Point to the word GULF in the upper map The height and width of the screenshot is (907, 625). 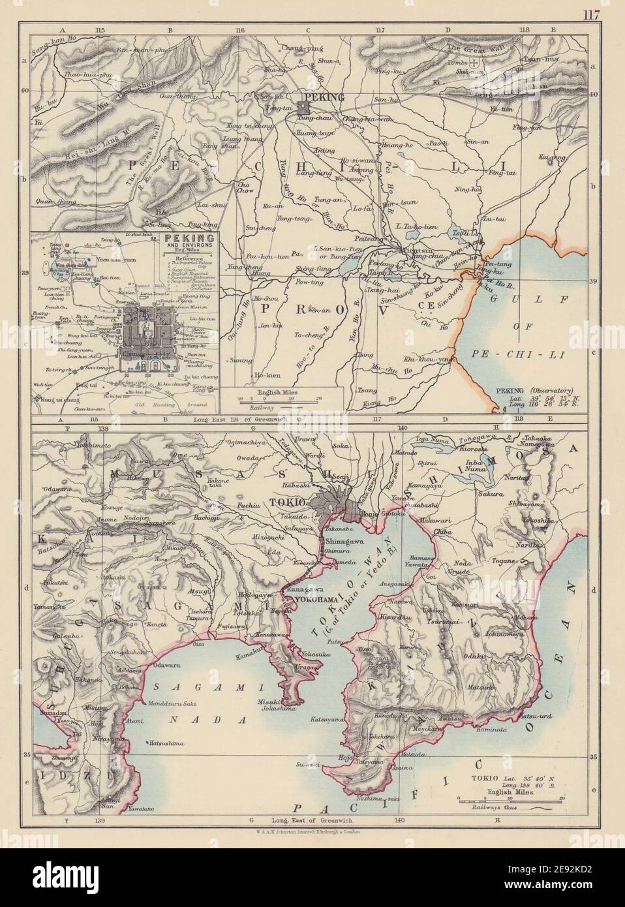[x=519, y=298]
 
